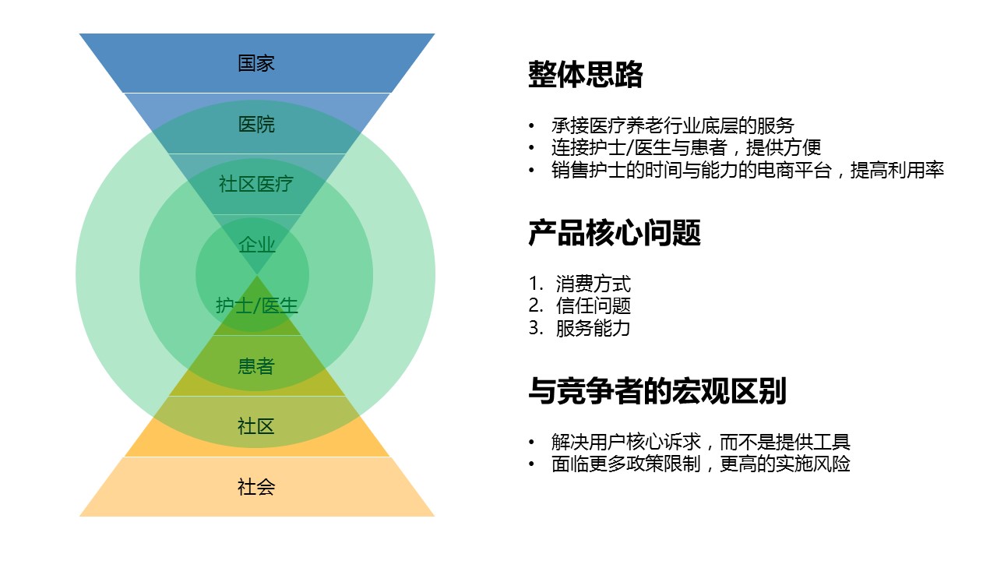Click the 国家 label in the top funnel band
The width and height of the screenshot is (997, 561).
(256, 63)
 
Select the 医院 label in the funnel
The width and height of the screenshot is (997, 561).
(256, 124)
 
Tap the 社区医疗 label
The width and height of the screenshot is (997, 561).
(256, 185)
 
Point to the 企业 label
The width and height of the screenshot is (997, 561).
(257, 245)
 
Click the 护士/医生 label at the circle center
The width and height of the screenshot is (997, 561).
(257, 305)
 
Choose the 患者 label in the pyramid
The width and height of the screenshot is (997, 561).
(256, 366)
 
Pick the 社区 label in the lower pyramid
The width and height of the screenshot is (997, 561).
(256, 426)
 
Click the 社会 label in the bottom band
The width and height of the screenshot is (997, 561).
(256, 487)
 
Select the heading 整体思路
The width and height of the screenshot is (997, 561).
(585, 74)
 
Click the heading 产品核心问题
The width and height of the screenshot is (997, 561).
(615, 232)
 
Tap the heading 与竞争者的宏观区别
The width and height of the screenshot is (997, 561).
(657, 390)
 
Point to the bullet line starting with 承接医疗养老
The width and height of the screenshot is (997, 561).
(672, 125)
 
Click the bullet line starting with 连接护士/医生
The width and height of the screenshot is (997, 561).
(686, 147)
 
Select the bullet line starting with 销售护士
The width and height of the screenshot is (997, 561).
(747, 170)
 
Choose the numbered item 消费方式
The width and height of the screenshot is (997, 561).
(593, 284)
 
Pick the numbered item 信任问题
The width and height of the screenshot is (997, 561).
(593, 305)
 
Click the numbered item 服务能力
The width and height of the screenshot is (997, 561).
(593, 328)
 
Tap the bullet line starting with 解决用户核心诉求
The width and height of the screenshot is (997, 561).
(700, 442)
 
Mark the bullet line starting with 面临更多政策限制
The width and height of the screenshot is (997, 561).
(700, 464)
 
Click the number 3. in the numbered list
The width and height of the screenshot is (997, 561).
(536, 328)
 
